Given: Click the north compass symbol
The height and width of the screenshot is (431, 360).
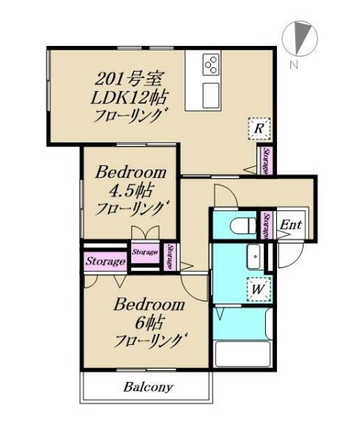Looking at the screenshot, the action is tap(300, 39).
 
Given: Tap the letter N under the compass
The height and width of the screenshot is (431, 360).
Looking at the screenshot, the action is tap(294, 64).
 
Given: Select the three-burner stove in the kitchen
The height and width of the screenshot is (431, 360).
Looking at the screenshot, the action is tap(211, 64).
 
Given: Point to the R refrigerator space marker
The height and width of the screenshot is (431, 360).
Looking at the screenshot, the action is tap(259, 129).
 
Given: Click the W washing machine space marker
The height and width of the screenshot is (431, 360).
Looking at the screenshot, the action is tap(259, 289).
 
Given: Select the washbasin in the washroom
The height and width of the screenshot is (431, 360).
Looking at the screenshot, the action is tap(254, 256).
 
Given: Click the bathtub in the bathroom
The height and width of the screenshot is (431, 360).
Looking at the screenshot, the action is tap(242, 354).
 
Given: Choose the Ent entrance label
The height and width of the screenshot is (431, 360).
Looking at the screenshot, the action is tap(290, 225).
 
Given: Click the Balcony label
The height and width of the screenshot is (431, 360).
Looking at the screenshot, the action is tap(148, 387).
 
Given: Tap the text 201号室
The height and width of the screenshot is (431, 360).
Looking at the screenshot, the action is tap(130, 79).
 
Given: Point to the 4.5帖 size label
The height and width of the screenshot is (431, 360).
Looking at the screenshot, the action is tap(130, 191).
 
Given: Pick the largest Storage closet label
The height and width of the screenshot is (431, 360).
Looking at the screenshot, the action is tap(105, 261).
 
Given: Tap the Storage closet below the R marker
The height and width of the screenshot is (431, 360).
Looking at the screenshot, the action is tap(266, 161).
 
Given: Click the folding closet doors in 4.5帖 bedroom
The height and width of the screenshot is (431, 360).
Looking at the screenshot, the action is tap(145, 233).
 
